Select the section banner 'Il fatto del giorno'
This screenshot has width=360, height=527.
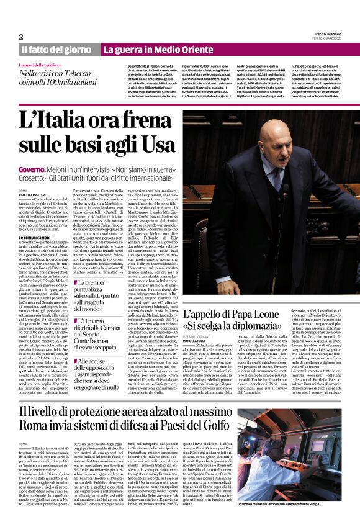pyautogui.click(x=56, y=50)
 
